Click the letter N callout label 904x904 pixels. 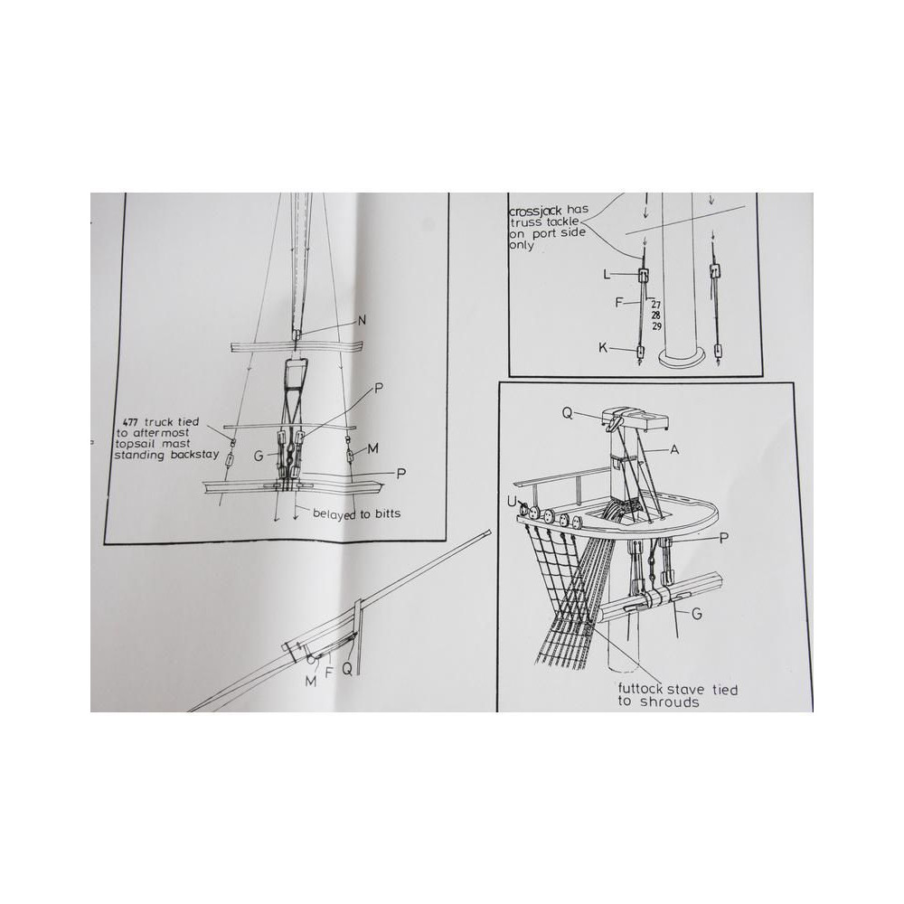pos(362,321)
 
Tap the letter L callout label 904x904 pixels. pos(606,275)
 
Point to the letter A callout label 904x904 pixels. pos(674,449)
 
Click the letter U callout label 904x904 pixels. pos(512,503)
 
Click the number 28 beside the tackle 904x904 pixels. pos(655,315)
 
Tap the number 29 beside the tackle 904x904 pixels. pos(656,326)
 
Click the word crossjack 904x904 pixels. pos(534,211)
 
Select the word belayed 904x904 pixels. pos(334,513)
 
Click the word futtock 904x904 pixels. pos(641,689)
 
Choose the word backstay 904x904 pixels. pos(194,455)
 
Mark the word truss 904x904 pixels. pos(523,222)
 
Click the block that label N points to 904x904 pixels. pos(297,334)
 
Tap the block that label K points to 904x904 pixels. pos(639,351)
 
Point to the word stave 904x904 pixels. pos(686,689)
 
